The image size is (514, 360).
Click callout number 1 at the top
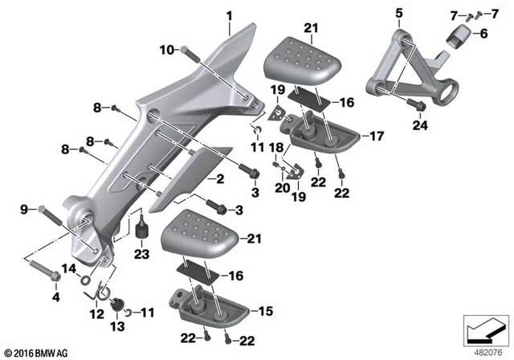(x=229, y=15)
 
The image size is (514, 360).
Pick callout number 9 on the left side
(x=23, y=209)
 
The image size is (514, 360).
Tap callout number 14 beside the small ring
(x=70, y=268)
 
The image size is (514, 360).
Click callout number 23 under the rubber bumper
(x=142, y=255)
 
